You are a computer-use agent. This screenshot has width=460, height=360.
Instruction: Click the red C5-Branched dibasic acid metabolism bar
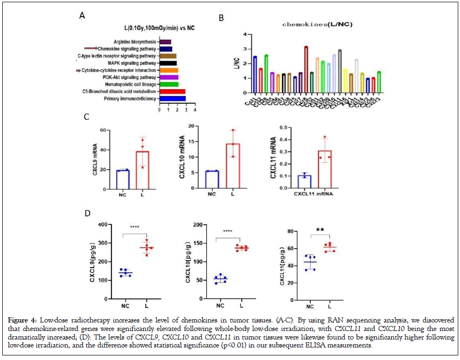173,91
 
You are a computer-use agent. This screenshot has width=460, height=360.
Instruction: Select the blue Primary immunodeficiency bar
173,98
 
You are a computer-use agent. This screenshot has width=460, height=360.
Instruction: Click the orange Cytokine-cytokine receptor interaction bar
169,70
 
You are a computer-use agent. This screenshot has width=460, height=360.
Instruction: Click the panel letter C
86,117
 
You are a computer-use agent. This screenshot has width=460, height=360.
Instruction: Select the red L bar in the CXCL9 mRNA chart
143,169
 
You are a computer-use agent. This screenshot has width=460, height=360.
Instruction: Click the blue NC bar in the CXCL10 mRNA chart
212,179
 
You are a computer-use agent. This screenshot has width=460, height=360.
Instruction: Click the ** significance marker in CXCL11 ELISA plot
319,230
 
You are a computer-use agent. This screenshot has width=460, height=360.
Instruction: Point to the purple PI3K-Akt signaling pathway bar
169,77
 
